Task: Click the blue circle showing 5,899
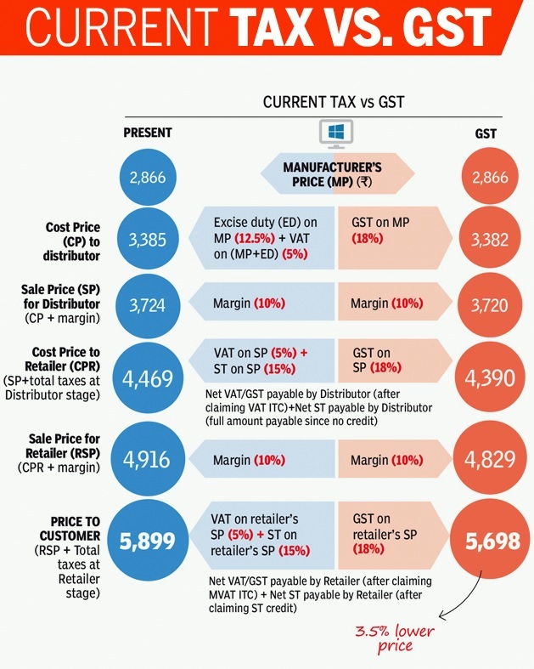pyautogui.click(x=148, y=542)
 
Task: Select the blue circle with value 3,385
pyautogui.click(x=148, y=240)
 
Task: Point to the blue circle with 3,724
pyautogui.click(x=148, y=304)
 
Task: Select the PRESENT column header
pyautogui.click(x=148, y=133)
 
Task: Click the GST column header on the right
pyautogui.click(x=486, y=134)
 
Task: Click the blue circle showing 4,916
pyautogui.click(x=148, y=459)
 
